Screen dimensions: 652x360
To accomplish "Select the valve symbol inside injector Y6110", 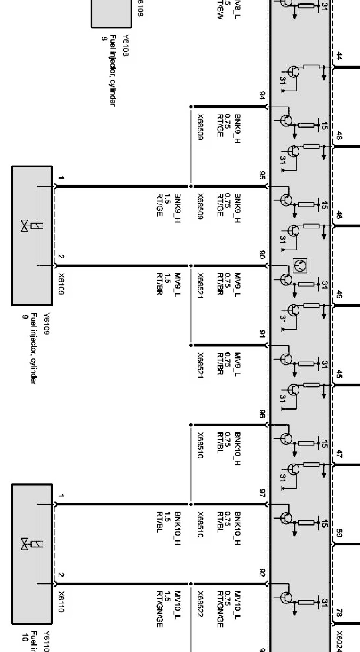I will click(x=25, y=544).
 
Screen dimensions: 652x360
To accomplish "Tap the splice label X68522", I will click(x=200, y=604).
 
